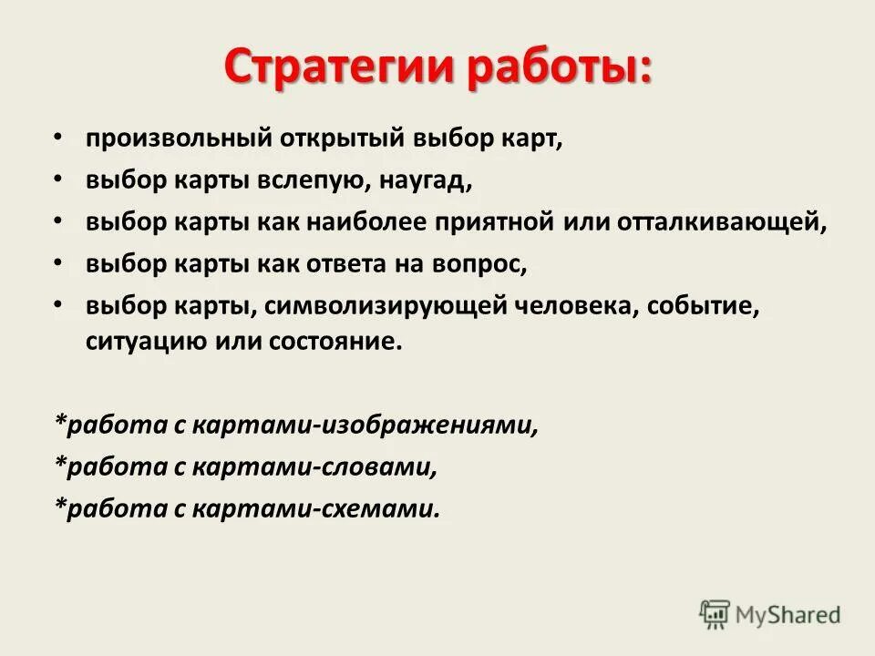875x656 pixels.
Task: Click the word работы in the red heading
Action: (560, 68)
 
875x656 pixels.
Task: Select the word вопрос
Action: (482, 264)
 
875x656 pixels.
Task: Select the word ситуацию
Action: (134, 343)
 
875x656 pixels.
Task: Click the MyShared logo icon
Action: (715, 614)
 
